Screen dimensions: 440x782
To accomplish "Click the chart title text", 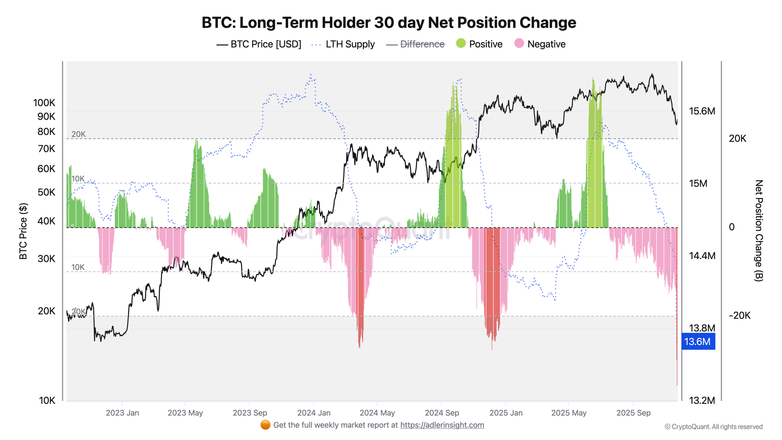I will [x=389, y=23].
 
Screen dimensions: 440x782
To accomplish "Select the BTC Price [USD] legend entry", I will [x=259, y=44].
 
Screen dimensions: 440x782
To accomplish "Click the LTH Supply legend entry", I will [x=343, y=44].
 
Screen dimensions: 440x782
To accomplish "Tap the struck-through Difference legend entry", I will [x=415, y=44].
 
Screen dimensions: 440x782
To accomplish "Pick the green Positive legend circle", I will [x=461, y=43].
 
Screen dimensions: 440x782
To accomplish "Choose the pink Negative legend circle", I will [x=519, y=43].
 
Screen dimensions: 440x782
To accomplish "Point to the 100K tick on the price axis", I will [x=44, y=103].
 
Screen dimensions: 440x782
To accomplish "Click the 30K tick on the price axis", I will [x=46, y=259].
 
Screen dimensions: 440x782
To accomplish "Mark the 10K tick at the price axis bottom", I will [x=47, y=400].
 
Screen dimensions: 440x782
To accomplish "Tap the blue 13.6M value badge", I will [x=698, y=341].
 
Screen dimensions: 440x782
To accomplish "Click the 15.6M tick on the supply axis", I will [x=702, y=111].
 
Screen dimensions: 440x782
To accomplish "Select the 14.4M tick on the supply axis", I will [x=702, y=256].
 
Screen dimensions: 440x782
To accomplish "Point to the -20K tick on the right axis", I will [x=740, y=316].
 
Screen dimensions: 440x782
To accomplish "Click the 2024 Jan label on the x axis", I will [x=314, y=413].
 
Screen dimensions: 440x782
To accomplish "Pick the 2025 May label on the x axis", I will [x=569, y=413].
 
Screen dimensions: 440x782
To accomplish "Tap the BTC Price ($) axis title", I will [x=23, y=231].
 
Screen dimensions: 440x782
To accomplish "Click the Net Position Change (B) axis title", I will [x=759, y=230].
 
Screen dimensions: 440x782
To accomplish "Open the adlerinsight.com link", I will [x=442, y=425].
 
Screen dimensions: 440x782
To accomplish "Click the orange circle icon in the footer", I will [x=265, y=425].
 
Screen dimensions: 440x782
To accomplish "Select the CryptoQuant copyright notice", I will [x=714, y=427].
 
